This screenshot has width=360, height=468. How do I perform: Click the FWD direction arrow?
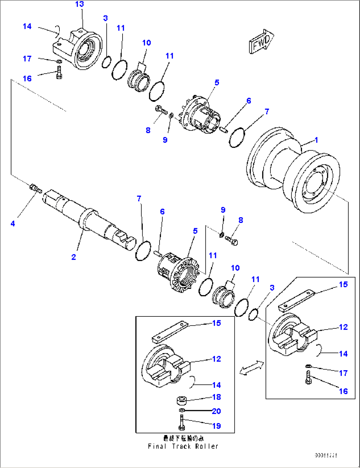pos(261,41)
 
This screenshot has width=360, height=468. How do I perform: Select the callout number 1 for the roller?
pos(316,140)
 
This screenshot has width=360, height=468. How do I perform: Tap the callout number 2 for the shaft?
pos(74,257)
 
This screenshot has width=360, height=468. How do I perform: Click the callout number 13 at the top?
pos(80,4)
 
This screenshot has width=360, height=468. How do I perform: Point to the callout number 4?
pos(13,224)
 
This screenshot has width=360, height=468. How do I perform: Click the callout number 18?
pos(217,397)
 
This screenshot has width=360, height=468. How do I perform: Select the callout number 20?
pos(216,411)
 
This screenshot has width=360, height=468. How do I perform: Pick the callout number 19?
pos(216,426)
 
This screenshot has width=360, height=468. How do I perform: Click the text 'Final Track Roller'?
pos(183,447)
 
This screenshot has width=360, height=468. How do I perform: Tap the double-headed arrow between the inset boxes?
pos(251,368)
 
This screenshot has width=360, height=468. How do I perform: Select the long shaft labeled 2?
pos(89,218)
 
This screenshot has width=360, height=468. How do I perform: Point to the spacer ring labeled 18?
pos(182,401)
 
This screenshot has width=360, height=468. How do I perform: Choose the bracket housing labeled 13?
pos(78,50)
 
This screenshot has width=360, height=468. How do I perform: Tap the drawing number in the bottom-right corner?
pos(326,455)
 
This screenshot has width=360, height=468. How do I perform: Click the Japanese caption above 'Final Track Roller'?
pos(183,438)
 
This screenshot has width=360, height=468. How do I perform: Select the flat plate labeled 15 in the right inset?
pos(295,300)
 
